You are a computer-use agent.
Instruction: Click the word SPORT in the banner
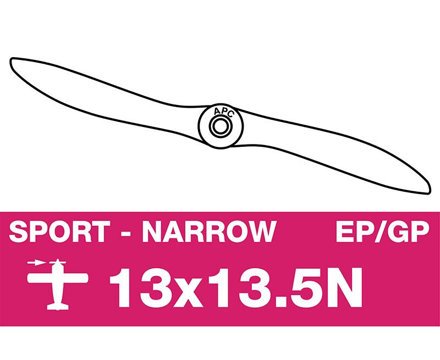point(59,231)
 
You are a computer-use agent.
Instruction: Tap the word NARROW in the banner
point(210,231)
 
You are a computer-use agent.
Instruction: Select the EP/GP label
point(382,231)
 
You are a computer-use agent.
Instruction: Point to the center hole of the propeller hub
point(221,126)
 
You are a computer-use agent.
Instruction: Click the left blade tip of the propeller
point(12,60)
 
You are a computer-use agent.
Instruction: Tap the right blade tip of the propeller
point(428,191)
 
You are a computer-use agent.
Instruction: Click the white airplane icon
point(58,284)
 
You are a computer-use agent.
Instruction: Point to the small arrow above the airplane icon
point(36,263)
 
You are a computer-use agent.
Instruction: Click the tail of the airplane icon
point(58,307)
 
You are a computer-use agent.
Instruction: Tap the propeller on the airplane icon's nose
point(58,263)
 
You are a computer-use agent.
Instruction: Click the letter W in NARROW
point(261,231)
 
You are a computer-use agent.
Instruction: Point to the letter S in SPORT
point(18,231)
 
